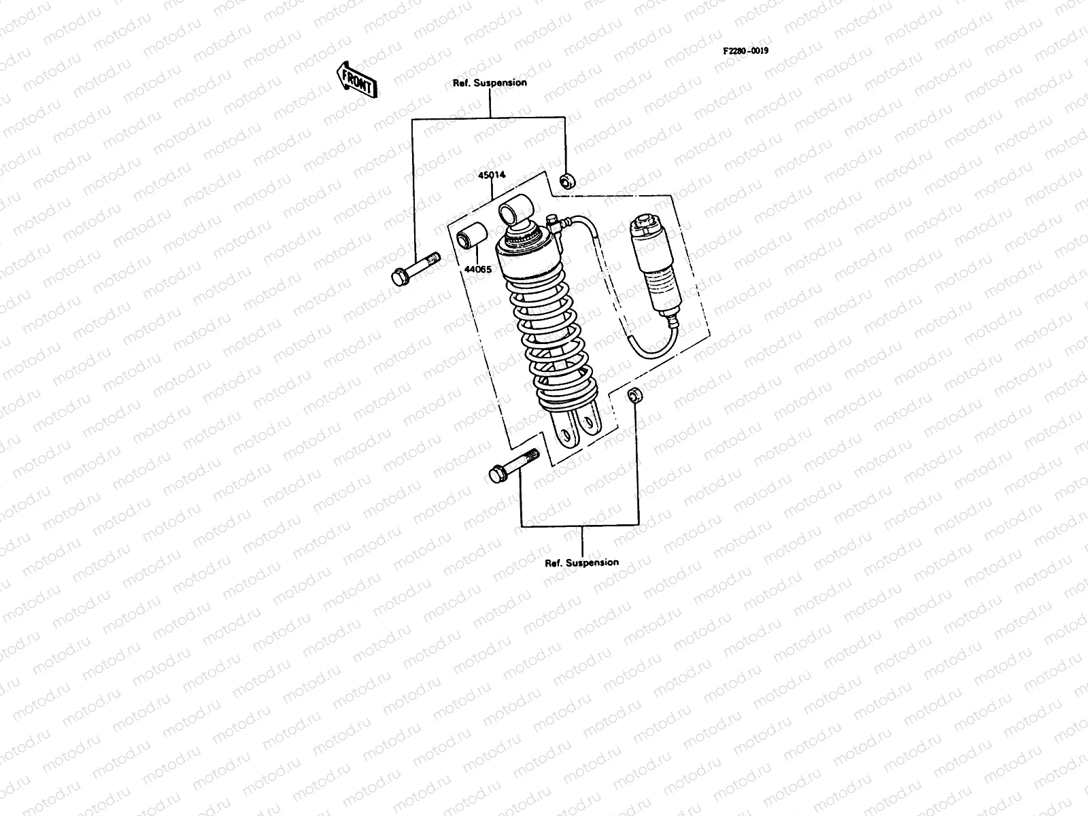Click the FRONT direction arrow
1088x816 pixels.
click(355, 80)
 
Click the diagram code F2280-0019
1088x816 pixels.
click(750, 51)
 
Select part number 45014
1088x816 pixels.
click(492, 175)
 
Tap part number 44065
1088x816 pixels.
click(477, 269)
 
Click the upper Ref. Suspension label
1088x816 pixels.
click(490, 83)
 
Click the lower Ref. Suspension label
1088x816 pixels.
click(582, 562)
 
